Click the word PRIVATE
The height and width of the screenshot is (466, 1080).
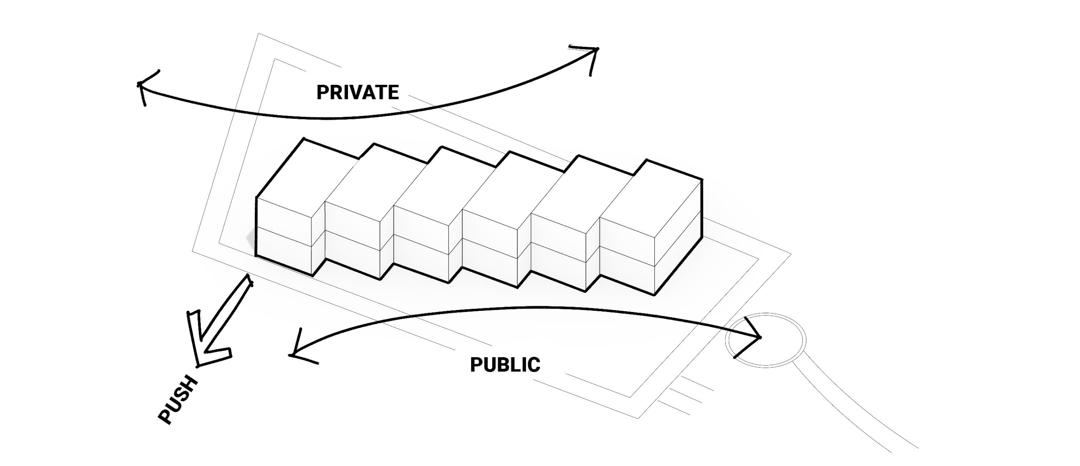pos(357,92)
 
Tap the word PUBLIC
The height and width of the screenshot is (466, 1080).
pos(505,365)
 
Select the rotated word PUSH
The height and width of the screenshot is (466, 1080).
pos(178,400)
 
